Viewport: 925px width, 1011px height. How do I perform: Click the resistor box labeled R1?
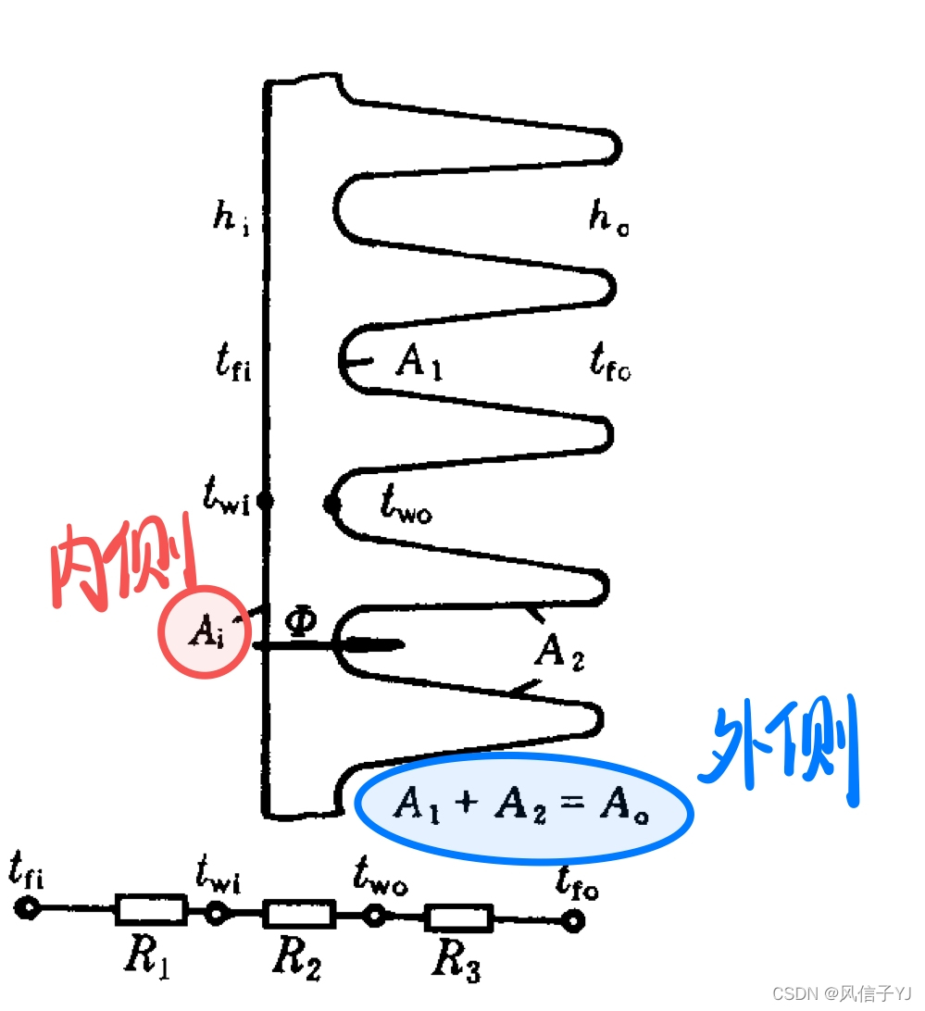150,909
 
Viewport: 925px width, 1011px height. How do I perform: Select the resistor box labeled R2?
298,914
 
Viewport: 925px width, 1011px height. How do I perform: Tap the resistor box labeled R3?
458,918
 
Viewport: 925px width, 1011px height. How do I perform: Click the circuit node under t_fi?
28,907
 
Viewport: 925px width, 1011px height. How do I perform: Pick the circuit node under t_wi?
216,913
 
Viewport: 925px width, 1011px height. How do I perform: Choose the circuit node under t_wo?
375,916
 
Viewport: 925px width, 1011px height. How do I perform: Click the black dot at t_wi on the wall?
265,502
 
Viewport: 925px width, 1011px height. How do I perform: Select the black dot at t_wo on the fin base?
331,504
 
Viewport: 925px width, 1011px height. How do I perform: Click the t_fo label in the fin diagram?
609,362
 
